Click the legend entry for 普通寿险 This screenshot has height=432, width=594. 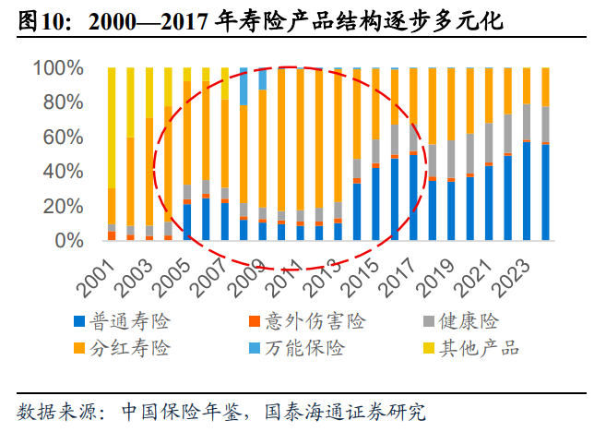coord(122,321)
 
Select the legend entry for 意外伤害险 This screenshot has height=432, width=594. coord(307,321)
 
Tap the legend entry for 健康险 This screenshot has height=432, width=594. coord(461,321)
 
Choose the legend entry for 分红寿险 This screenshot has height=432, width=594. coord(122,348)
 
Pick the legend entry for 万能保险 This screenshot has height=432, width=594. coord(297,348)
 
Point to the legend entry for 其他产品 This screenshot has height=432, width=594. coord(471,348)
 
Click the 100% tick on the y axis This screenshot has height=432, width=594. coord(58,68)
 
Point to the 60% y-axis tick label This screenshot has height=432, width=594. coord(63,138)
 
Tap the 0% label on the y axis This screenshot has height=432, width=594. coord(69,241)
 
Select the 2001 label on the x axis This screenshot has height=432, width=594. coord(97,278)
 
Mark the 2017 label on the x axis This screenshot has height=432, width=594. coord(397,278)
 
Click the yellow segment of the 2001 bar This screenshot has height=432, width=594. coord(112,127)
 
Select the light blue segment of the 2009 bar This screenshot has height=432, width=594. coord(262,79)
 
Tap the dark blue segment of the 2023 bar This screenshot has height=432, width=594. coord(527,191)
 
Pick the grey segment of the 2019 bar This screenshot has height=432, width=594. coord(451,160)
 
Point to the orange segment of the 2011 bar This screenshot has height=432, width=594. coord(300,139)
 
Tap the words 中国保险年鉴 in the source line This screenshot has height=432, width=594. coord(182,412)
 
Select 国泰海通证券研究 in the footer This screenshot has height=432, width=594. coord(345,412)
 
